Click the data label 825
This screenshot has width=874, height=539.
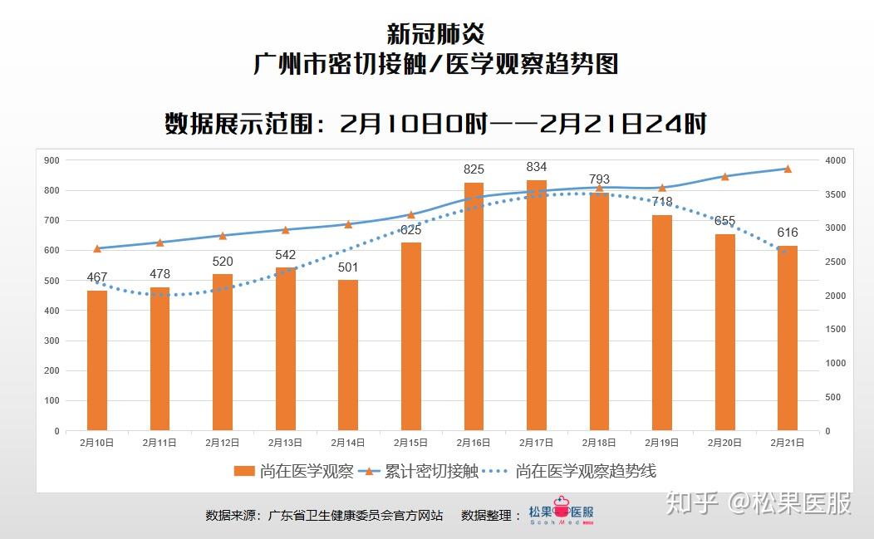pyautogui.click(x=474, y=170)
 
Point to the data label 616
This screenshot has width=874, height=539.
pyautogui.click(x=787, y=233)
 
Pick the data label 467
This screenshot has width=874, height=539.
pyautogui.click(x=97, y=277)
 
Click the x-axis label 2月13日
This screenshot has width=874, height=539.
pyautogui.click(x=285, y=443)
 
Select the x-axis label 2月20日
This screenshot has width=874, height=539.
pyautogui.click(x=724, y=443)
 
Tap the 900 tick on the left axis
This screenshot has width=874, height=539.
pyautogui.click(x=52, y=160)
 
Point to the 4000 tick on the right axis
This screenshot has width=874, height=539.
pyautogui.click(x=835, y=160)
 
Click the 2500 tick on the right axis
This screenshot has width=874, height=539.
pyautogui.click(x=835, y=262)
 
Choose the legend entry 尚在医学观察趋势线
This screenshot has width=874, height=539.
pyautogui.click(x=585, y=472)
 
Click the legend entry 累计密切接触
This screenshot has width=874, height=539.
pyautogui.click(x=431, y=472)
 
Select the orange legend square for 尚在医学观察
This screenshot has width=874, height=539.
pyautogui.click(x=244, y=472)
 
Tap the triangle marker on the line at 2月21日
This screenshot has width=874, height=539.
pyautogui.click(x=788, y=169)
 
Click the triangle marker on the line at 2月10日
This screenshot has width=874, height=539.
pyautogui.click(x=97, y=248)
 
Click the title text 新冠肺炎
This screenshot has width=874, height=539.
pyautogui.click(x=436, y=34)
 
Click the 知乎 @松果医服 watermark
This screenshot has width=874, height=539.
pyautogui.click(x=759, y=502)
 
